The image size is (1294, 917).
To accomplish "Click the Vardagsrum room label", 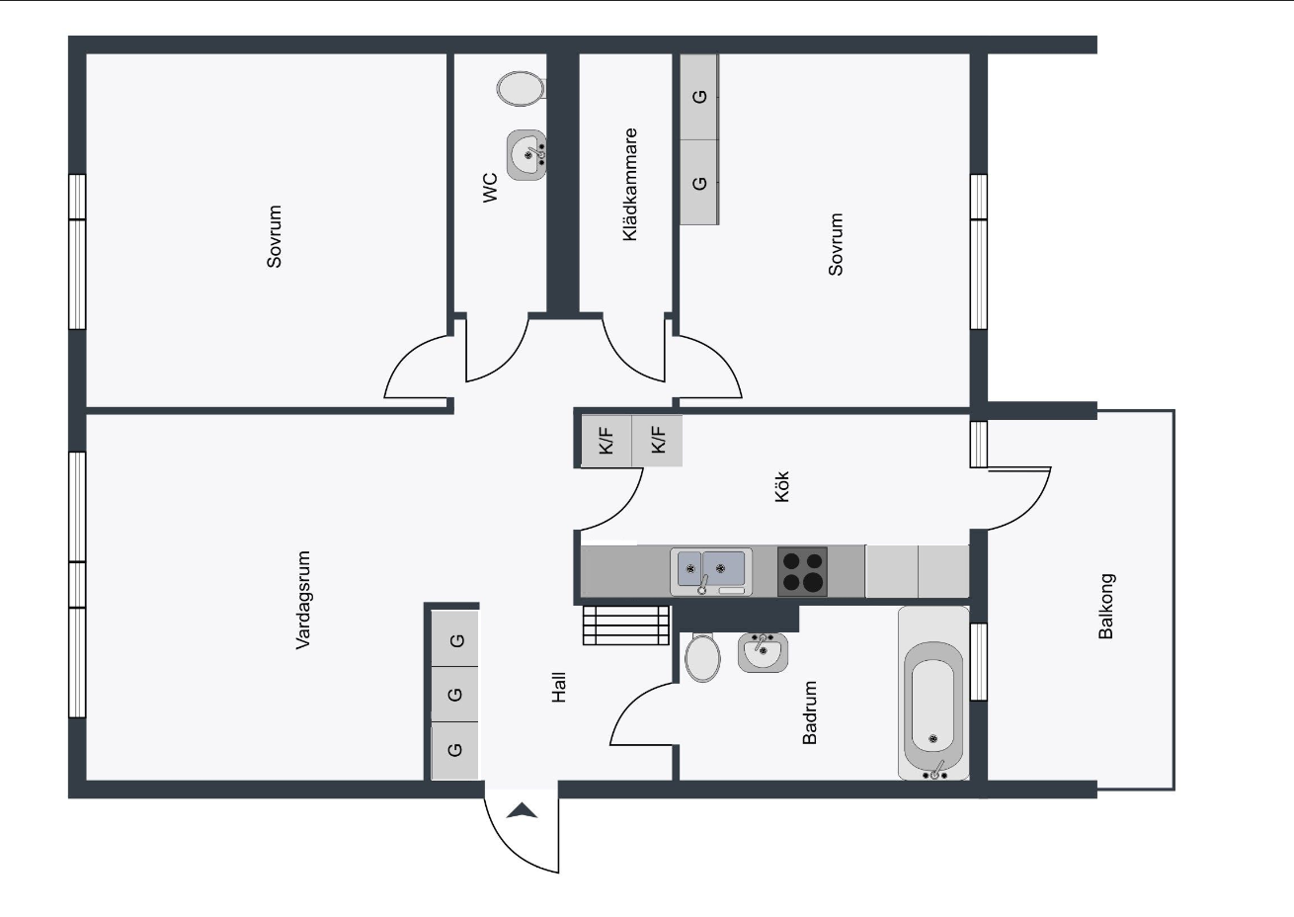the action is (x=303, y=600).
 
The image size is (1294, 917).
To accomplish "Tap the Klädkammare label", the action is (x=629, y=185).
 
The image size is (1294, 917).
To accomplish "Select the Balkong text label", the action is (x=1105, y=606).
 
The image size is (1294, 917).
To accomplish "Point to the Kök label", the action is (x=781, y=486).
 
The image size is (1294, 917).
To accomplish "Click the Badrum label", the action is (x=809, y=712).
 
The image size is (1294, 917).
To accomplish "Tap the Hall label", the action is (x=559, y=687).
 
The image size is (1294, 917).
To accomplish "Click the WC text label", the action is (x=490, y=187).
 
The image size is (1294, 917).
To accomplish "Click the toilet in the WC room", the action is (x=521, y=88).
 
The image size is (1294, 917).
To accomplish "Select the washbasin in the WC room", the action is (x=526, y=155).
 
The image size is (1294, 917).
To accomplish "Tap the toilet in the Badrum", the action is (x=702, y=657).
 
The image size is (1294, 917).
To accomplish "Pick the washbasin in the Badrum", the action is (x=764, y=652).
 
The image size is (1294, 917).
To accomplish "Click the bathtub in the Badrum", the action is (x=933, y=693).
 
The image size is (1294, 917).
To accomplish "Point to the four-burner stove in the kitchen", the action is (x=802, y=571).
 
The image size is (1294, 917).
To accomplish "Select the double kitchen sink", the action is (x=711, y=571).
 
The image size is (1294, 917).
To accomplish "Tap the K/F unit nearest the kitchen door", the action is (x=606, y=441).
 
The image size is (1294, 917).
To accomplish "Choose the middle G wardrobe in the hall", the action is (x=454, y=694).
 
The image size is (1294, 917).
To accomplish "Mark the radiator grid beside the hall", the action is (x=626, y=625).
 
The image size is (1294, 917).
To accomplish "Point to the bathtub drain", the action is (x=932, y=738).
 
